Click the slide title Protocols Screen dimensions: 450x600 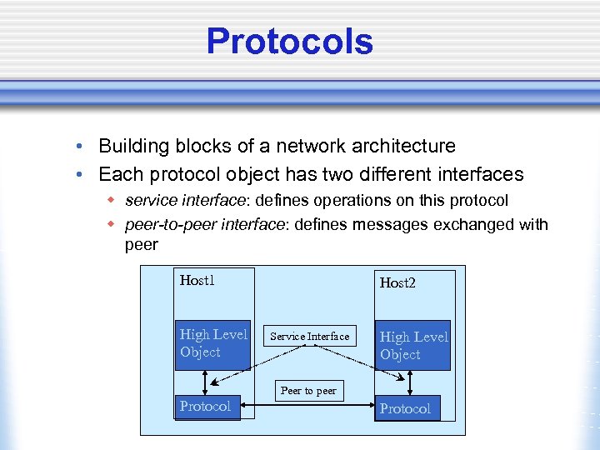pos(289,42)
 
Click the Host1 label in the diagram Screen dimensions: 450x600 pos(197,280)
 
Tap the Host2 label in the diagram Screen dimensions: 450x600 pos(397,282)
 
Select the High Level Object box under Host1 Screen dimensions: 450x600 pos(213,343)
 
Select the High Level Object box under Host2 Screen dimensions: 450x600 pos(413,345)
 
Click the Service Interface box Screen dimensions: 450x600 pos(310,337)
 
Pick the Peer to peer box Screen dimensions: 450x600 pos(308,390)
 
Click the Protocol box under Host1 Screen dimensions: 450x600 pos(206,407)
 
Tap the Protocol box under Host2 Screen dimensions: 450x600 pos(406,408)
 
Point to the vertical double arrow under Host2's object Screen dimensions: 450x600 pos(410,383)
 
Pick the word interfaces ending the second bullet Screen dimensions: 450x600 pos(483,174)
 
